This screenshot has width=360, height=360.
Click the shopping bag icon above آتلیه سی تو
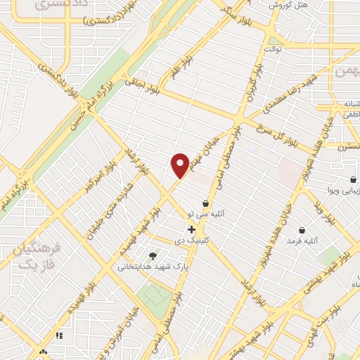point(205,203)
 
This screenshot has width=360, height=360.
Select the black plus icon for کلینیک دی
point(191,229)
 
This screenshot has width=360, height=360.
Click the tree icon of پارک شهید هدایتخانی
point(153,255)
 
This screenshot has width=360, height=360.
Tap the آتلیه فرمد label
point(302,241)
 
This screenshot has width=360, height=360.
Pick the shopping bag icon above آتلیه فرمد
point(302,230)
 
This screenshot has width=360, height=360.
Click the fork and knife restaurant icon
point(59,336)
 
